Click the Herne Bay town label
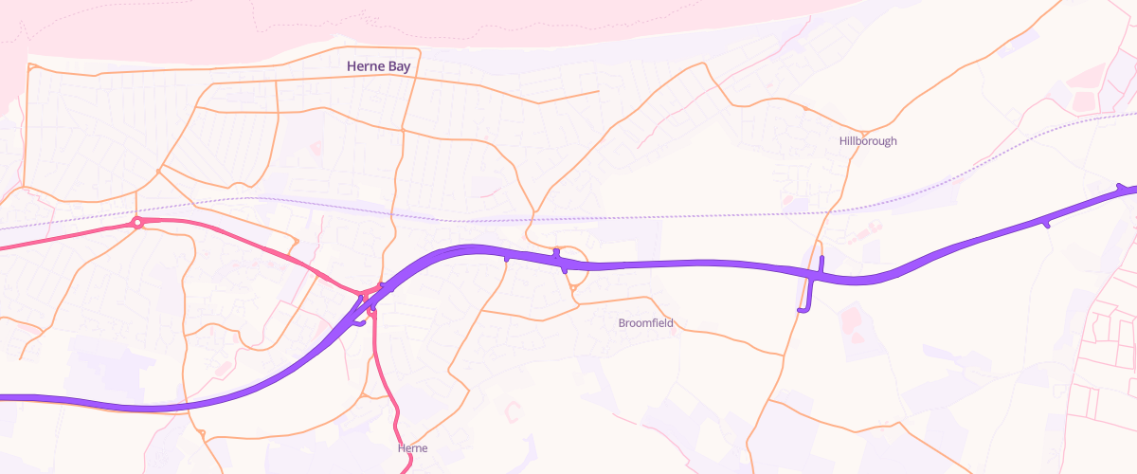click(x=378, y=66)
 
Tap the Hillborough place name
click(x=867, y=141)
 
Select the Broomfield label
click(x=645, y=323)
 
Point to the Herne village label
click(x=413, y=447)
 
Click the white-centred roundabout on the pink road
click(x=137, y=223)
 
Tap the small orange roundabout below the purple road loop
click(x=573, y=288)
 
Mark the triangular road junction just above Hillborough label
click(x=864, y=132)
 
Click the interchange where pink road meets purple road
click(x=370, y=294)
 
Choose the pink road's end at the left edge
click(x=3, y=248)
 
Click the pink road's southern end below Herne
click(x=409, y=470)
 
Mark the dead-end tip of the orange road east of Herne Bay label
click(x=599, y=92)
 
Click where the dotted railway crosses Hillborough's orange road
click(x=831, y=212)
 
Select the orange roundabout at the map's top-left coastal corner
click(x=30, y=68)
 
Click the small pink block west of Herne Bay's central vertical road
click(x=316, y=149)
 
